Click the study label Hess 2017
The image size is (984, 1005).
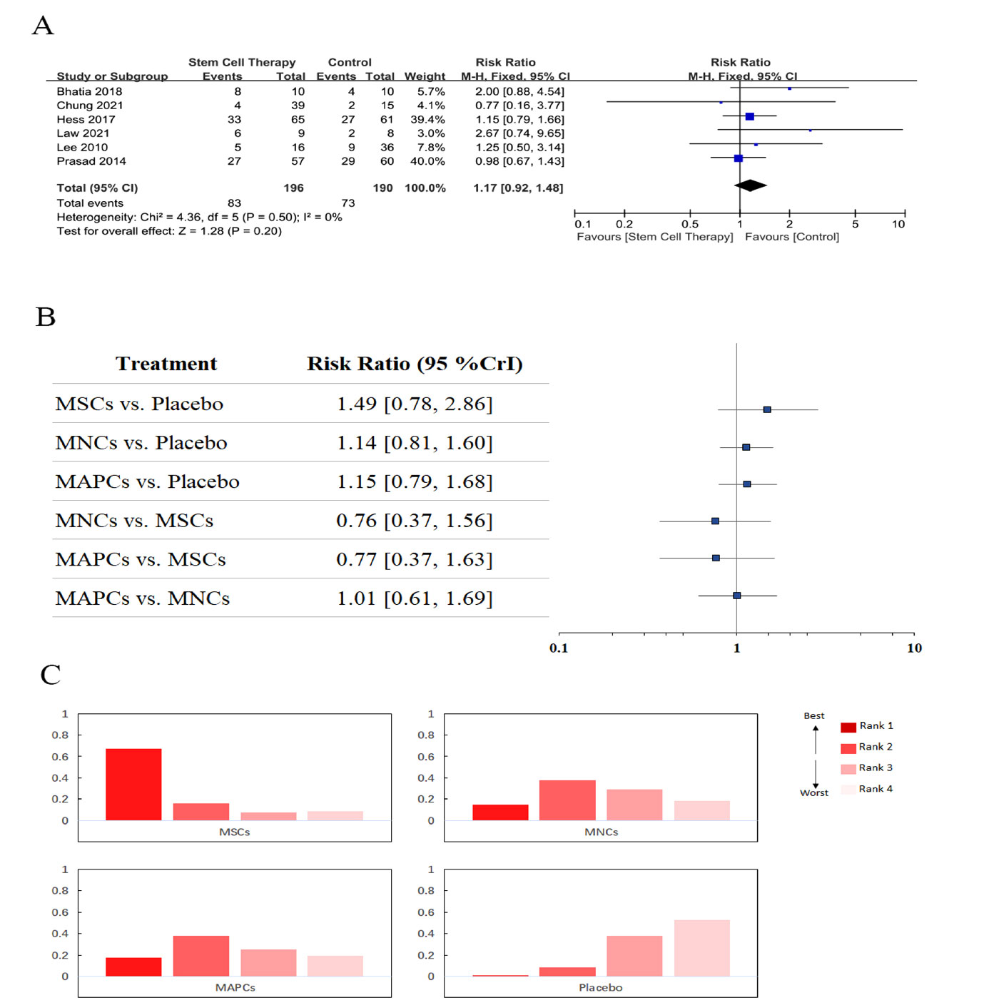pyautogui.click(x=86, y=120)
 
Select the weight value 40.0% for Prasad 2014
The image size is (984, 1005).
pyautogui.click(x=427, y=162)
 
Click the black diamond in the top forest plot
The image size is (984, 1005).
pyautogui.click(x=751, y=186)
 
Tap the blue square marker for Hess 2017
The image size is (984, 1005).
pyautogui.click(x=749, y=116)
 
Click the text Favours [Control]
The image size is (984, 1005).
pyautogui.click(x=792, y=237)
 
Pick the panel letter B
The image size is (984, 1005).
pyautogui.click(x=46, y=317)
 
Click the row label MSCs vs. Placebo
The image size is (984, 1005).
pyautogui.click(x=139, y=404)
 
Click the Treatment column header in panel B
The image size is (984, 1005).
pyautogui.click(x=166, y=364)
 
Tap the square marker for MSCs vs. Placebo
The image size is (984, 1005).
pyautogui.click(x=767, y=410)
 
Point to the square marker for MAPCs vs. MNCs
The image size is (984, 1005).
pyautogui.click(x=737, y=596)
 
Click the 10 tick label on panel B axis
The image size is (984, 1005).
pyautogui.click(x=914, y=648)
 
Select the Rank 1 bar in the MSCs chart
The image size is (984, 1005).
pyautogui.click(x=133, y=784)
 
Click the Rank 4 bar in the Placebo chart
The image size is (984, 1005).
pyautogui.click(x=701, y=948)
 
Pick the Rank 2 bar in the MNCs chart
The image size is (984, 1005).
pyautogui.click(x=567, y=800)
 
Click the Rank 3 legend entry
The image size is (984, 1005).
pyautogui.click(x=866, y=768)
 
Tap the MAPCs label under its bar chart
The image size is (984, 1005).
pyautogui.click(x=235, y=988)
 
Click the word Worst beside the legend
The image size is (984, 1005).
pyautogui.click(x=814, y=793)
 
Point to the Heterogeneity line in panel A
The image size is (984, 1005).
pyautogui.click(x=199, y=218)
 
